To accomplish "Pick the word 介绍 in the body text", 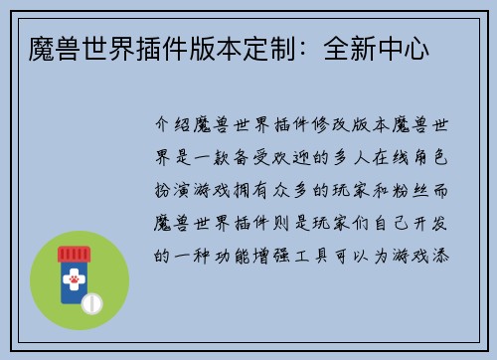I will point(178,129).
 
